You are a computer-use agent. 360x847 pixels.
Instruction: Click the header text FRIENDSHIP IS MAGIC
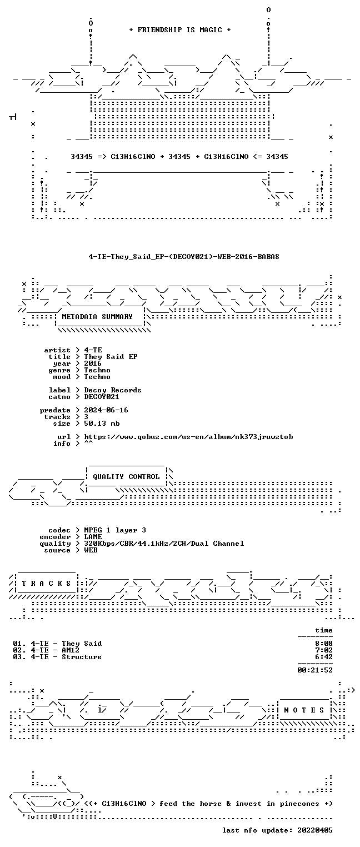[x=179, y=30]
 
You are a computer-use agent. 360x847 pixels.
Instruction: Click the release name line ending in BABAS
[x=184, y=256]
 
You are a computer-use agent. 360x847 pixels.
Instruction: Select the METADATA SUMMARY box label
[x=97, y=316]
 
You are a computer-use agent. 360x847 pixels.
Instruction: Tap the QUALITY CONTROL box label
[x=126, y=476]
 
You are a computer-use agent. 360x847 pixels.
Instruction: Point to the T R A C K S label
[x=46, y=583]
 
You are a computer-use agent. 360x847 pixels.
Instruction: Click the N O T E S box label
[x=304, y=710]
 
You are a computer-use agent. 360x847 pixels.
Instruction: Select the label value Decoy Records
[x=113, y=390]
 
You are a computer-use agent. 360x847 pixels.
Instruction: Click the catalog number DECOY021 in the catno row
[x=102, y=397]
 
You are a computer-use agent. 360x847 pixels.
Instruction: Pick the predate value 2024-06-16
[x=106, y=410]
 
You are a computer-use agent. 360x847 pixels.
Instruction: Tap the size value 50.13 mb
[x=102, y=423]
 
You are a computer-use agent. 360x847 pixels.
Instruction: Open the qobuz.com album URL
[x=188, y=437]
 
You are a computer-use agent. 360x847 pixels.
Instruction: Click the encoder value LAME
[x=93, y=536]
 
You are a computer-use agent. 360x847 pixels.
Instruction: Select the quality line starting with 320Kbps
[x=164, y=544]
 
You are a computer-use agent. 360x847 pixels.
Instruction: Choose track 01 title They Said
[x=82, y=643]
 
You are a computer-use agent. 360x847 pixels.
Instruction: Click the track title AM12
[x=71, y=650]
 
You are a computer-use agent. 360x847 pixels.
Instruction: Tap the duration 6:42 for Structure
[x=324, y=657]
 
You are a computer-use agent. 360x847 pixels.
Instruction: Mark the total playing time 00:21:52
[x=315, y=670]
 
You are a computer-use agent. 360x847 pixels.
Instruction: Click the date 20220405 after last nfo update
[x=315, y=830]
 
